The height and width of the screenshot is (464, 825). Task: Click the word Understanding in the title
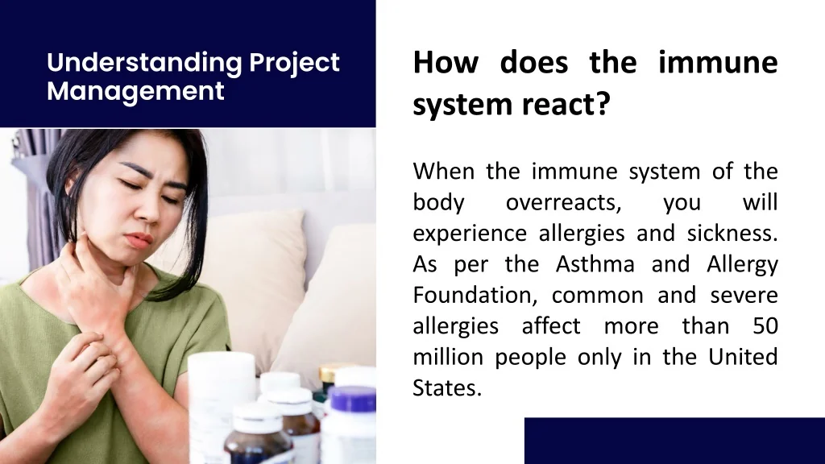click(144, 63)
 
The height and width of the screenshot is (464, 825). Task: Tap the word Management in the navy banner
click(135, 91)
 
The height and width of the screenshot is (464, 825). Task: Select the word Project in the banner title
click(294, 63)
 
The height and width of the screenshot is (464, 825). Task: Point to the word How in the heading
click(446, 62)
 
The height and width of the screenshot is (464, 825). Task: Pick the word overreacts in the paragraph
click(563, 202)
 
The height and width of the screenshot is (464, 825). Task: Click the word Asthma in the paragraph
click(595, 263)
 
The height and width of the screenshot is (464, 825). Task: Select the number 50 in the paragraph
click(765, 326)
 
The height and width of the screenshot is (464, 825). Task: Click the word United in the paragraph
click(743, 357)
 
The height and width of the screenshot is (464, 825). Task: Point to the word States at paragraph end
click(447, 388)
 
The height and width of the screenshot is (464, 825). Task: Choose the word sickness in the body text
click(732, 233)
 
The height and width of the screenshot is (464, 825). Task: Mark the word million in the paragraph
click(448, 357)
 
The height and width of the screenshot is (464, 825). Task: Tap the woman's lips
click(139, 239)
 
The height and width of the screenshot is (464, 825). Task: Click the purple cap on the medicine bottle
click(353, 398)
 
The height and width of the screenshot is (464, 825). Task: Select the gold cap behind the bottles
click(330, 372)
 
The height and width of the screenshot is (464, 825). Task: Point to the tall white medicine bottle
click(221, 405)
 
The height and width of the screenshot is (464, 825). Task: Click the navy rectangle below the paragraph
click(674, 441)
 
